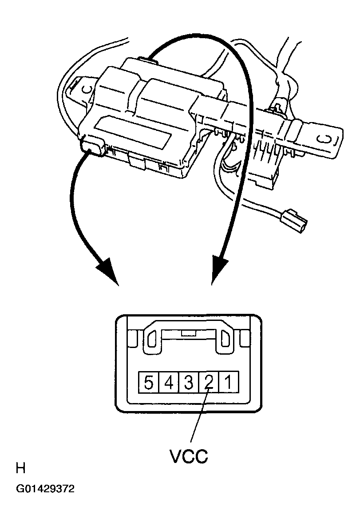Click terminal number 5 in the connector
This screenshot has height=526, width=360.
[149, 382]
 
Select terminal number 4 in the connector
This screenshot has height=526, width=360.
[169, 382]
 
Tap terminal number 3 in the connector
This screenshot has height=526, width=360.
[188, 382]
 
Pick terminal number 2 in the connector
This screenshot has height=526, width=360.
[208, 382]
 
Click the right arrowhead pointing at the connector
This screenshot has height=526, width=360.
[218, 271]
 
